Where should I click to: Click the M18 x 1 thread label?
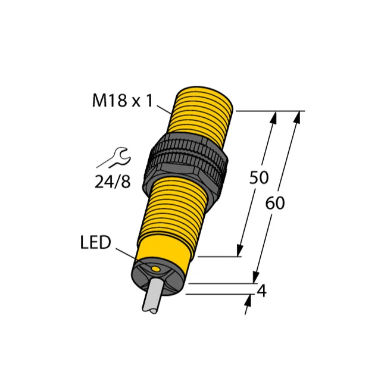point(123,101)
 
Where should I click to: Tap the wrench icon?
point(114,158)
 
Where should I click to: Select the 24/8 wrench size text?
point(113,182)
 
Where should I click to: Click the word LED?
point(95,242)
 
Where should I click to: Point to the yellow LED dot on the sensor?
point(155,268)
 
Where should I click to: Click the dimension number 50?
point(259,177)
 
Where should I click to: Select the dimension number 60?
point(275,203)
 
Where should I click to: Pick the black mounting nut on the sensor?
point(185,162)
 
